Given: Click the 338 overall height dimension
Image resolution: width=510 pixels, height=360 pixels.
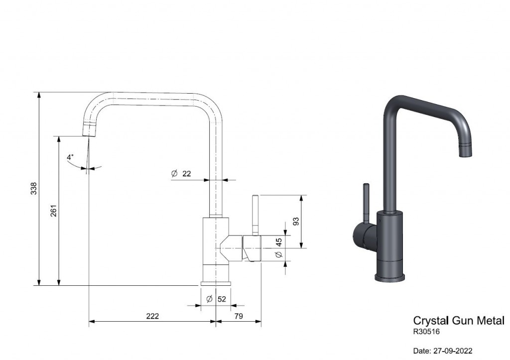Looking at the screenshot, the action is coord(34,189).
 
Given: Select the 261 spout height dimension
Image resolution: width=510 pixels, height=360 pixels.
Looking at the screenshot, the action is coord(54,211).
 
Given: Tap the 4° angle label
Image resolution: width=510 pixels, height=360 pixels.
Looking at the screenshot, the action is coord(70,157).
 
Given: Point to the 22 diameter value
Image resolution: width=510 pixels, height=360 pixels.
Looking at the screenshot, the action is coord(186,174).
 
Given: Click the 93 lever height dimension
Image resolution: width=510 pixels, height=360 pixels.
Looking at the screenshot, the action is coord(296,222).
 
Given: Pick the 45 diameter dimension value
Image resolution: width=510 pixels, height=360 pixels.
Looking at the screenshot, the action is coord(279,242).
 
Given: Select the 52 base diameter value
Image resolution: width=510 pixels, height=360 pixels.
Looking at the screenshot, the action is coord(222,299).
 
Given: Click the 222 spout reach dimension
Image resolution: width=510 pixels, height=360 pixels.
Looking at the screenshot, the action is coord(152,316).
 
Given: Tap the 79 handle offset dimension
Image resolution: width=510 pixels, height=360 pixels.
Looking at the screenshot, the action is coord(239,316).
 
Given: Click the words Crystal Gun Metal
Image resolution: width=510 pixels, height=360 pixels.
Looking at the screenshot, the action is coord(459,321).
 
